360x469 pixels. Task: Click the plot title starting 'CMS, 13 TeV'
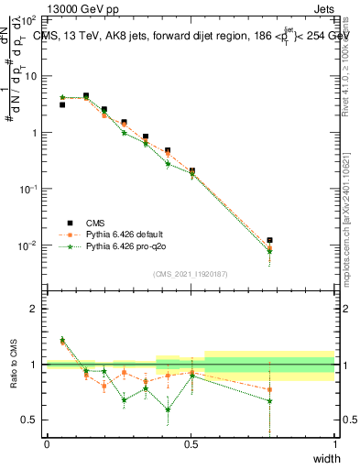tap(183, 36)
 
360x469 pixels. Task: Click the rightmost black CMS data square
tap(269, 241)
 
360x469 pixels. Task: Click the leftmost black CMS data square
tap(62, 105)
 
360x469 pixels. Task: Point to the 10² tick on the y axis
tap(28, 19)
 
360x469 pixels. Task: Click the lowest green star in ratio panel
tap(168, 409)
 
